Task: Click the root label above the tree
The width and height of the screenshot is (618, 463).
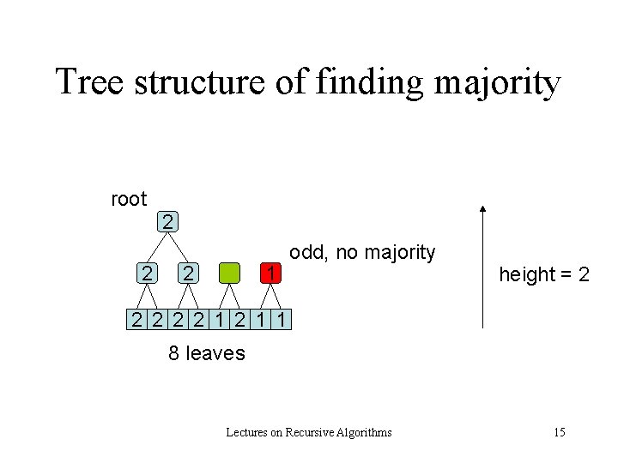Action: pos(129,199)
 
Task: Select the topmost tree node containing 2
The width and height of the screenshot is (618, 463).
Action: pos(168,222)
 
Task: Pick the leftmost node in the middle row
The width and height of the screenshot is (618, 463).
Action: pos(148,274)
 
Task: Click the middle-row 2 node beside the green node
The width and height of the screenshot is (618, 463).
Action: pos(188,274)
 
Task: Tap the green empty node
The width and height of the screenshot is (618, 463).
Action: pos(229,274)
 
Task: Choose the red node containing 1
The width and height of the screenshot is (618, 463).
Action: pos(270,274)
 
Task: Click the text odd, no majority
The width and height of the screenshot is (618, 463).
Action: pos(362,252)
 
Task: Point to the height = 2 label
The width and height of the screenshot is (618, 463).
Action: pos(544,274)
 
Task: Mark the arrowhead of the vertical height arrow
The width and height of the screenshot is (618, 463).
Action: pos(483,208)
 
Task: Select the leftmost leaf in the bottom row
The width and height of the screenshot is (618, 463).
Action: pos(136,321)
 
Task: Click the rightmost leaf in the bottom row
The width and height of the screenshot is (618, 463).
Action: pos(285,321)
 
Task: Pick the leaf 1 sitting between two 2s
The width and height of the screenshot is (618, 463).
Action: pos(221,321)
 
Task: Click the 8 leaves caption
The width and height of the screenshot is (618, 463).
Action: pos(206,352)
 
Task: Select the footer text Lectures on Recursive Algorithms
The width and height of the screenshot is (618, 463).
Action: pos(308,432)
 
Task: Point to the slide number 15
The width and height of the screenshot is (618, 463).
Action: pos(559,432)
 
